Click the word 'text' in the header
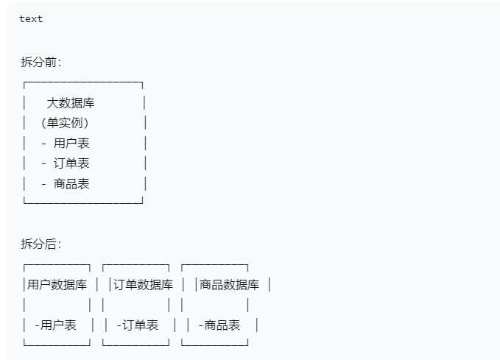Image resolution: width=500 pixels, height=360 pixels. coord(31,19)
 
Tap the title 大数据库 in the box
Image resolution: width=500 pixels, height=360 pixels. coord(71,103)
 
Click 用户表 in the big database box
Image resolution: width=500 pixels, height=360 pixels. coord(71,143)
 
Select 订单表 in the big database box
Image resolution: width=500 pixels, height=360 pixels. coord(71,163)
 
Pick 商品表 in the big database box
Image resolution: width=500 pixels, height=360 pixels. coord(71,183)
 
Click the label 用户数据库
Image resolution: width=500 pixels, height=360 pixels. coord(57,285)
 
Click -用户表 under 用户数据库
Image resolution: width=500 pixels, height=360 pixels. coord(55,325)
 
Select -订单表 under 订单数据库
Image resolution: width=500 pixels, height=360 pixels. coord(137,325)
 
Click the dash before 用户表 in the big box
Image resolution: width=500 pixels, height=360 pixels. coord(44,143)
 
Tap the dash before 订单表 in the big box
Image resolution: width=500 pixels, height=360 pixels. coord(44,163)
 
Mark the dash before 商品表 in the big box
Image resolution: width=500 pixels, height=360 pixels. coord(44,183)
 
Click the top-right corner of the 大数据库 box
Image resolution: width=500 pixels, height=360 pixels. coord(141,85)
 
